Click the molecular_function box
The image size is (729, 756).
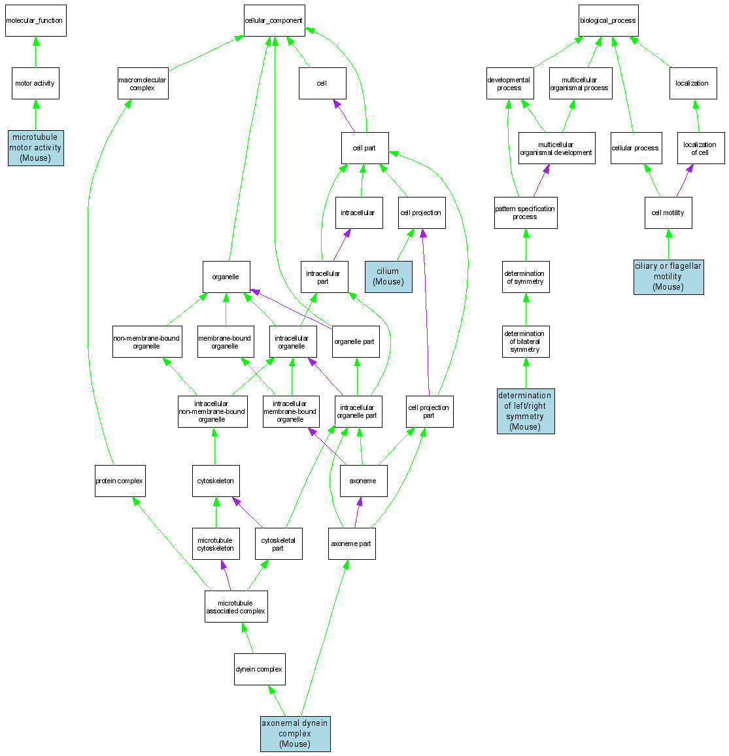pyautogui.click(x=35, y=20)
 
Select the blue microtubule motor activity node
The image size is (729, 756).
pyautogui.click(x=35, y=148)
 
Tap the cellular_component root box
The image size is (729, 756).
pyautogui.click(x=274, y=20)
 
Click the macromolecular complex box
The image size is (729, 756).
pyautogui.click(x=143, y=84)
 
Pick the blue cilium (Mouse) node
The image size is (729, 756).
pyautogui.click(x=388, y=276)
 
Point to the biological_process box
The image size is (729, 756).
pyautogui.click(x=608, y=20)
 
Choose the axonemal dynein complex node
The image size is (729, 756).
pyautogui.click(x=295, y=734)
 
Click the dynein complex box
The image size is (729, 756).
pyautogui.click(x=259, y=669)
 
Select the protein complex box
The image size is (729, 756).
pyautogui.click(x=120, y=481)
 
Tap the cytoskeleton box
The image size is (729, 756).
pyautogui.click(x=216, y=481)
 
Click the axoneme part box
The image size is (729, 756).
pyautogui.click(x=352, y=543)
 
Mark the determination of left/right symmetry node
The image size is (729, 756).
pyautogui.click(x=526, y=411)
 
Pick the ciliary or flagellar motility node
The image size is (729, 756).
pyautogui.click(x=668, y=276)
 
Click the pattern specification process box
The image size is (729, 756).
pyautogui.click(x=526, y=213)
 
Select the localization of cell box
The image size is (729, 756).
pyautogui.click(x=700, y=148)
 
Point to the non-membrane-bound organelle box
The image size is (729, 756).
pyautogui.click(x=146, y=341)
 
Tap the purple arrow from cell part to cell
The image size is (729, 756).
pyautogui.click(x=345, y=116)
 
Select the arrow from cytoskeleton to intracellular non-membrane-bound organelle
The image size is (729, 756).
pyautogui.click(x=215, y=447)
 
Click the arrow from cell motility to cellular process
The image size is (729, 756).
pyautogui.click(x=652, y=180)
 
